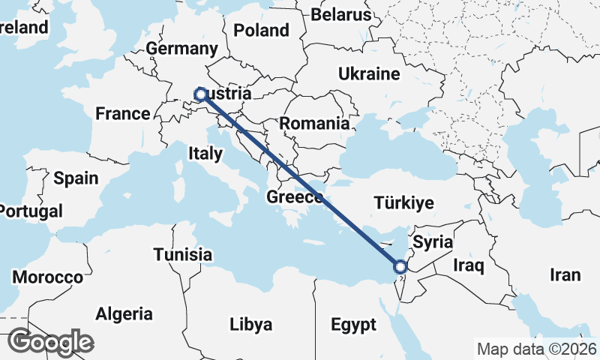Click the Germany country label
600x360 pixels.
pos(181,49)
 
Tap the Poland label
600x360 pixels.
pos(261,31)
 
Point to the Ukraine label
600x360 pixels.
pos(369,74)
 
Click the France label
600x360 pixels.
pos(123,114)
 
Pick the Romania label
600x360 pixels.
pos(315,124)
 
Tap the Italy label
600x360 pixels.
pos(205,154)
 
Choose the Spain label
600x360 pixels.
pos(76,178)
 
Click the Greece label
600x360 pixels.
pos(295,199)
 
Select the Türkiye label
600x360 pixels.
pos(404,203)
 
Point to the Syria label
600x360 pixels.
pos(433,242)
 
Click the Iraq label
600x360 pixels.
pos(469,265)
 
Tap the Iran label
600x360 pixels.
pos(565,275)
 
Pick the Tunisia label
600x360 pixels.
pos(182,255)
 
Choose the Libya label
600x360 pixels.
pos(250,325)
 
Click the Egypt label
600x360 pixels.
pos(353,325)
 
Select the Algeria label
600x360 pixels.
pos(124,314)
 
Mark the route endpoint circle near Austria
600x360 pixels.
pos(200,94)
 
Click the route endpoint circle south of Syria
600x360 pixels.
pos(400,266)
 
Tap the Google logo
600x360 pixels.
pos(50,342)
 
